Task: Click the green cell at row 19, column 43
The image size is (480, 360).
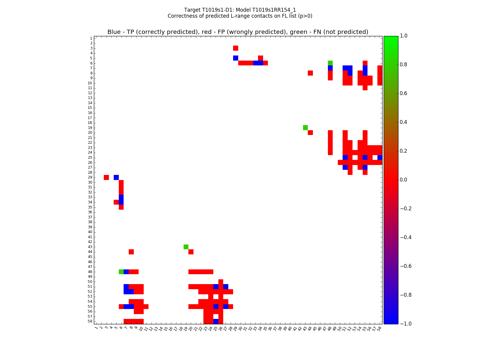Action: [x=305, y=128]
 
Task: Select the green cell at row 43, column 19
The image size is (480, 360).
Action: [x=186, y=247]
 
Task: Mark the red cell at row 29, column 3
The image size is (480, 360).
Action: [x=106, y=177]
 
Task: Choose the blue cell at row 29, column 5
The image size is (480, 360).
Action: [x=116, y=177]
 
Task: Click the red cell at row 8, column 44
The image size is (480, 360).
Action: [x=310, y=73]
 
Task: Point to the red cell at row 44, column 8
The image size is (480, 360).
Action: [x=131, y=252]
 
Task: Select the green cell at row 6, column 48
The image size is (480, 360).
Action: [x=330, y=63]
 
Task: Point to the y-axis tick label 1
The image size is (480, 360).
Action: [x=91, y=38]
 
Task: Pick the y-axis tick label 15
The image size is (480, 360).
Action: [x=90, y=108]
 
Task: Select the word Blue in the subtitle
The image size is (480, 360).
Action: [x=114, y=32]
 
